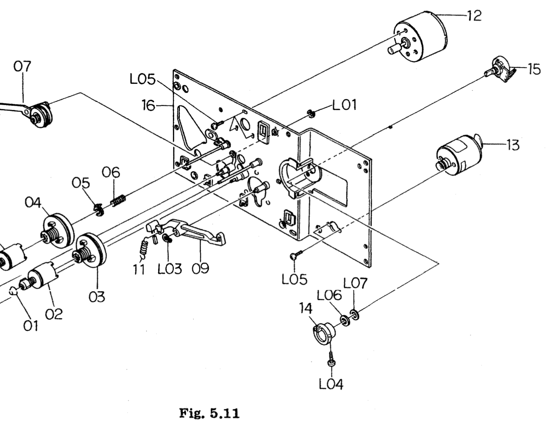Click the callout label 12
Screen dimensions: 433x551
pyautogui.click(x=474, y=16)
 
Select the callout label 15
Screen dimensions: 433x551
pyautogui.click(x=533, y=69)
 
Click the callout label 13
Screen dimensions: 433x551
pyautogui.click(x=513, y=144)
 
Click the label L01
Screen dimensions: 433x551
pyautogui.click(x=344, y=105)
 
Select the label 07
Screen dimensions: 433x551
pyautogui.click(x=22, y=66)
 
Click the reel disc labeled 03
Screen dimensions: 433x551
pyautogui.click(x=91, y=250)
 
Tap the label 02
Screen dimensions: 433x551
pyautogui.click(x=54, y=314)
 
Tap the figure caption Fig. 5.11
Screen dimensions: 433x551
pyautogui.click(x=209, y=413)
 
